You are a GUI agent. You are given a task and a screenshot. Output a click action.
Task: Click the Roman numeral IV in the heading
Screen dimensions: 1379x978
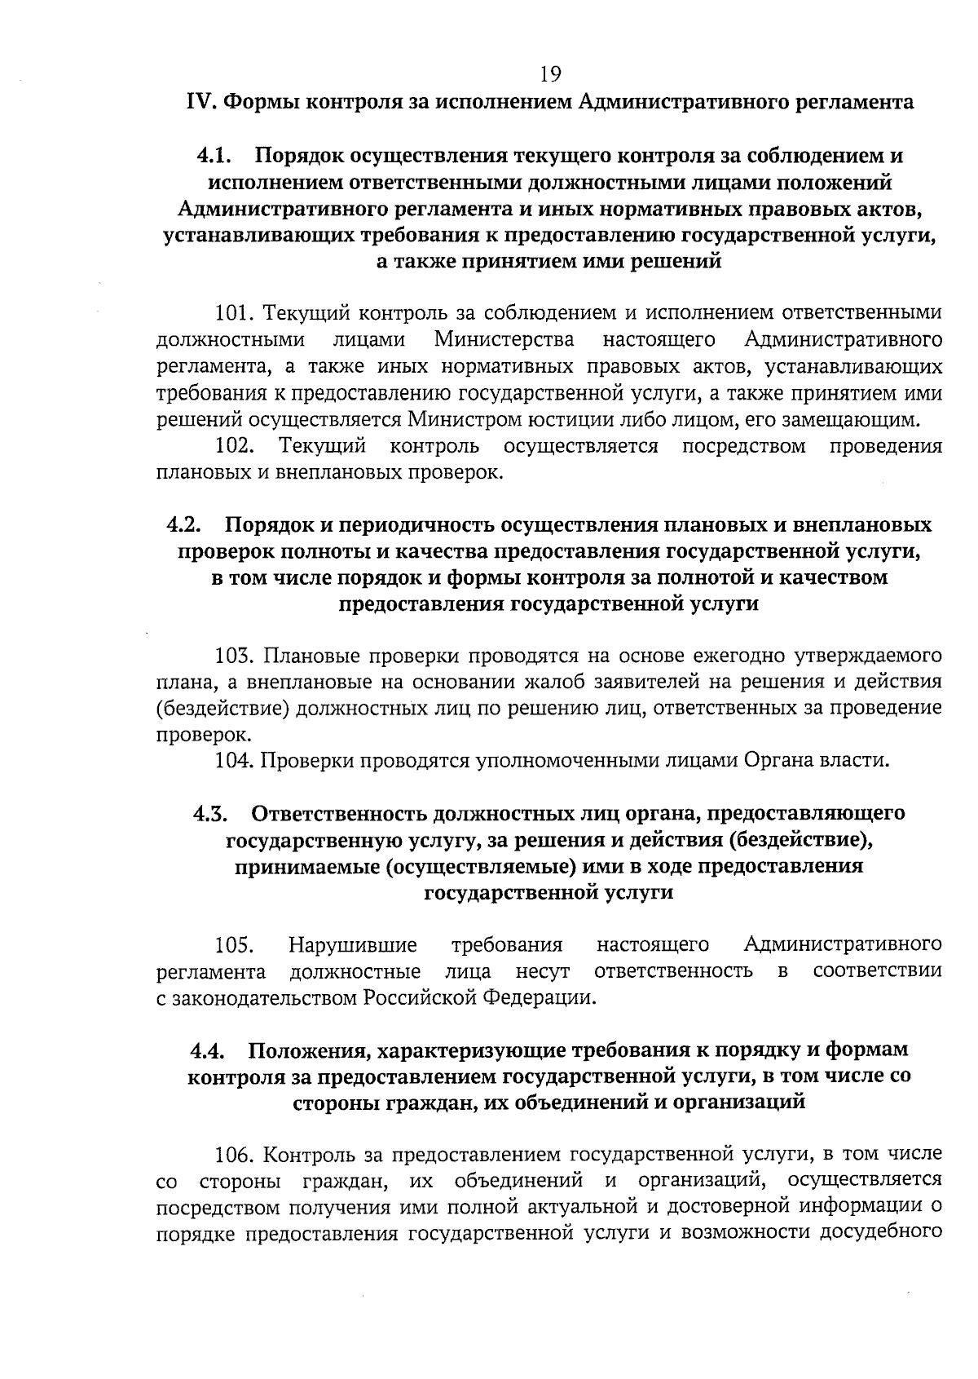point(200,102)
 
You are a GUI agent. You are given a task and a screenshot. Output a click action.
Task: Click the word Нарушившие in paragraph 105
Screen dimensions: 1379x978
point(353,945)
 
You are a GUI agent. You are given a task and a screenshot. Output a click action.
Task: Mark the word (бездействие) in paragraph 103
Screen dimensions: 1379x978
point(222,708)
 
